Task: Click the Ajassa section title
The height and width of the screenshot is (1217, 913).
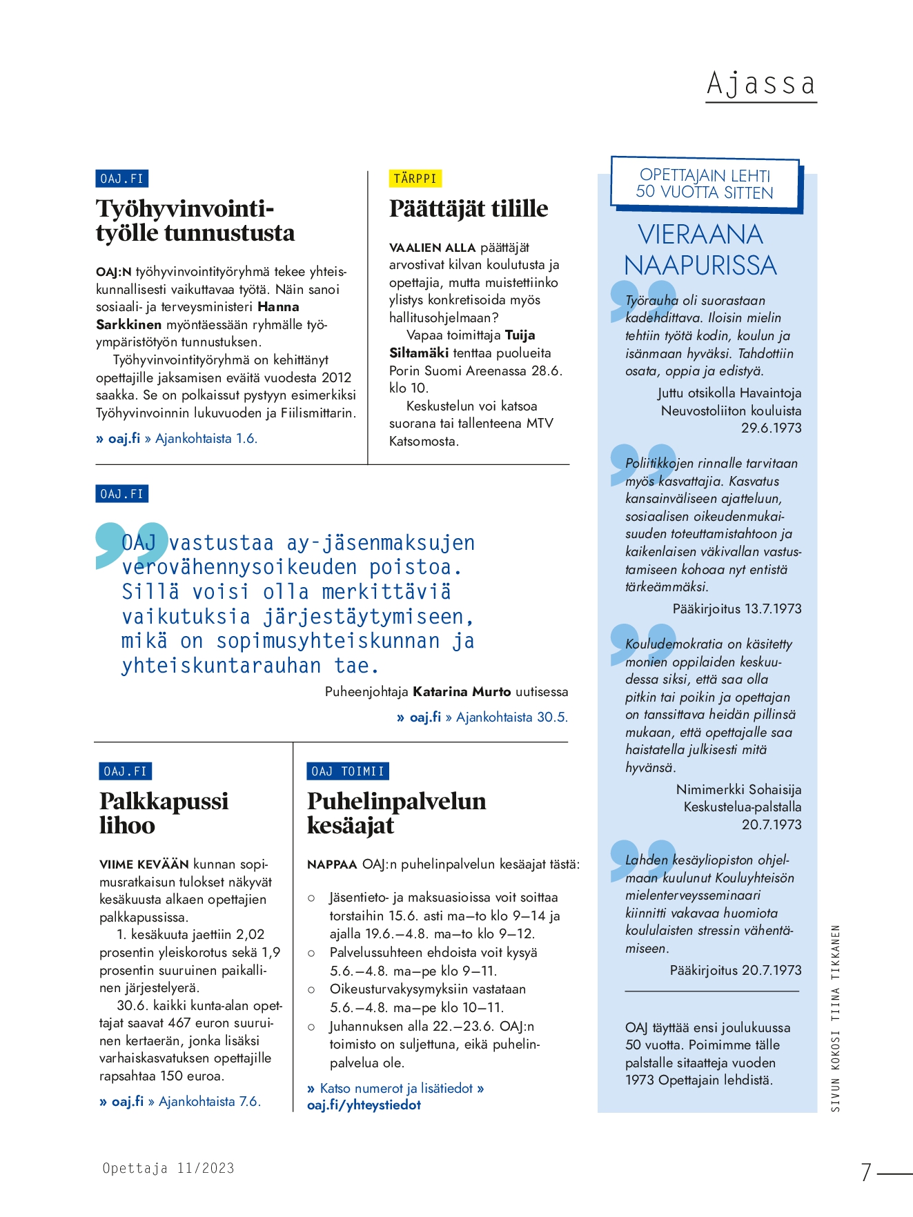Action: tap(760, 84)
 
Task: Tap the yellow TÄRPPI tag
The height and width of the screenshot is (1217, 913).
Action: tap(415, 179)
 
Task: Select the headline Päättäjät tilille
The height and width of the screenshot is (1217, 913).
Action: tap(469, 208)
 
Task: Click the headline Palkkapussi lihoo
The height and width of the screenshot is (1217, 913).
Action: tap(164, 813)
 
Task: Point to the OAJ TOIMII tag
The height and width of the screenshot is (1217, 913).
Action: tap(347, 771)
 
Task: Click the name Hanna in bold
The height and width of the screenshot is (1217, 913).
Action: tap(278, 307)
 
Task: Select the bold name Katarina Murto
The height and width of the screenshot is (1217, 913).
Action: tap(462, 692)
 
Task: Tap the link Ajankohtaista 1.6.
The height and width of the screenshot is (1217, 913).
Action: tap(206, 439)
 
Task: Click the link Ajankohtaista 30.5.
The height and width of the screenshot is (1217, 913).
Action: tap(511, 718)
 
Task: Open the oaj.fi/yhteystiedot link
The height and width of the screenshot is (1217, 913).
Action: tap(364, 1105)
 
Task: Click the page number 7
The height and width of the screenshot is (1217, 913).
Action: tap(866, 1171)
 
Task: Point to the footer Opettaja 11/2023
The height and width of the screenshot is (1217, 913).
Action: tap(168, 1168)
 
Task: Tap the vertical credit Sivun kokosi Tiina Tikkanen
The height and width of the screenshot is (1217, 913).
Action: tap(835, 1018)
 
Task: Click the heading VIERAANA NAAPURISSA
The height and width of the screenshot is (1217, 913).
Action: tap(700, 250)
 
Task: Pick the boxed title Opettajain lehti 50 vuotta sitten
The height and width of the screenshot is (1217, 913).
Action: tap(705, 184)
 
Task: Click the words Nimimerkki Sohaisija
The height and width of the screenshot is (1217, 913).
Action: tap(738, 790)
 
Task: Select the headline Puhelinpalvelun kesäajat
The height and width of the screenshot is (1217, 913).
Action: tap(396, 813)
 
